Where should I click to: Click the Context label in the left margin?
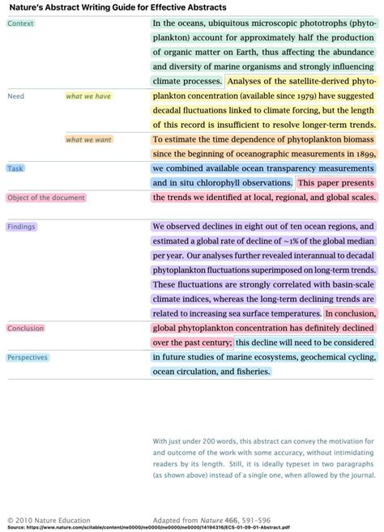pyautogui.click(x=20, y=23)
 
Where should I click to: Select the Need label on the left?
pyautogui.click(x=15, y=96)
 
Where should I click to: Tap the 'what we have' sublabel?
pyautogui.click(x=88, y=96)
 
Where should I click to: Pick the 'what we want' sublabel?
pyautogui.click(x=89, y=139)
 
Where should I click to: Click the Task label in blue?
pyautogui.click(x=15, y=168)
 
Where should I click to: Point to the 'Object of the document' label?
pyautogui.click(x=46, y=197)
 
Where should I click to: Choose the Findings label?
pyautogui.click(x=21, y=227)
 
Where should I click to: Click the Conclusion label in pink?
pyautogui.click(x=26, y=328)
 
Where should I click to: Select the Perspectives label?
pyautogui.click(x=28, y=357)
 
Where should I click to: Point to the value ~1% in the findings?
pyautogui.click(x=290, y=241)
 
